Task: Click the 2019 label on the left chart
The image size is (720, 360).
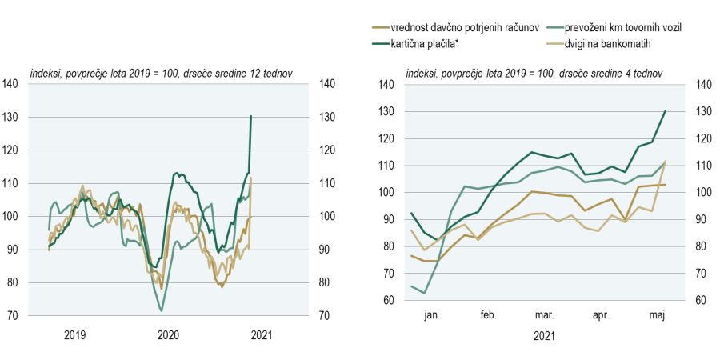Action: click(75, 334)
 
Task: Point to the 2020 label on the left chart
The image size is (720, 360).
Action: click(168, 334)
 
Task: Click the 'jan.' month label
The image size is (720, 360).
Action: click(433, 315)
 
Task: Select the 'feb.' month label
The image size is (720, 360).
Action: click(488, 315)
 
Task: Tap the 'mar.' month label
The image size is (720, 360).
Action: click(545, 315)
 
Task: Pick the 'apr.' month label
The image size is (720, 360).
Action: click(601, 315)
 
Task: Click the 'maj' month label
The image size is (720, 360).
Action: click(655, 315)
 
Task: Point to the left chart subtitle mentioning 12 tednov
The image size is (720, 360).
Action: click(161, 73)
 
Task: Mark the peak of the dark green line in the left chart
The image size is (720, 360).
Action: click(250, 116)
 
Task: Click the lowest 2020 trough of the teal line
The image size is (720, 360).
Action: click(162, 310)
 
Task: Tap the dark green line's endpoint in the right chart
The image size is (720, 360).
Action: click(666, 111)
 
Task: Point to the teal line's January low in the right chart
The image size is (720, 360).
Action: click(423, 293)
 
